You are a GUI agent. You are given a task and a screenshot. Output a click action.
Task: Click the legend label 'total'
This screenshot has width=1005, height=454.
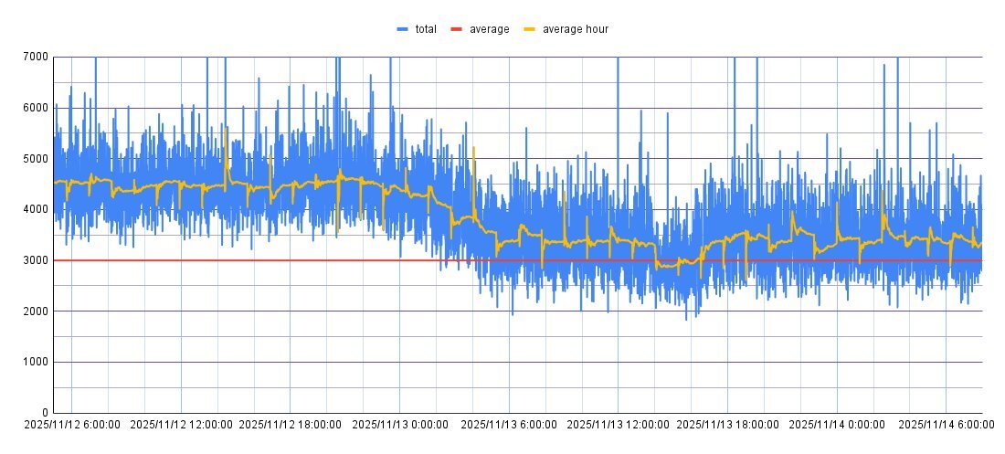click(426, 29)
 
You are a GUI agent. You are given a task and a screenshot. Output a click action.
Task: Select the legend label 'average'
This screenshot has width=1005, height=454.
click(489, 29)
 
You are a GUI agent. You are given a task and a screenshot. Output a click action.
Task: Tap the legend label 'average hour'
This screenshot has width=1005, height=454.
click(576, 29)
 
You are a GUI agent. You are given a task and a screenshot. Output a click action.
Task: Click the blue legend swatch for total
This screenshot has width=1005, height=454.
click(402, 29)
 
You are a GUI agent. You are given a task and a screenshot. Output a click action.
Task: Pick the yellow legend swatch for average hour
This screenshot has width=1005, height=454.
click(530, 29)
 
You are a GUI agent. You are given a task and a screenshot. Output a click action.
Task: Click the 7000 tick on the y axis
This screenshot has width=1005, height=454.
click(36, 57)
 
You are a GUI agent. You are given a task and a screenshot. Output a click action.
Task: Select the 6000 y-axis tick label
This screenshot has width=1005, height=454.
click(36, 108)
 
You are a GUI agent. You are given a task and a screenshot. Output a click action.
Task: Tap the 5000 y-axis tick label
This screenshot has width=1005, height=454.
click(36, 159)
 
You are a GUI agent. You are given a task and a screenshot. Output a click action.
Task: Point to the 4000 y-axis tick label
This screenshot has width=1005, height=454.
click(36, 209)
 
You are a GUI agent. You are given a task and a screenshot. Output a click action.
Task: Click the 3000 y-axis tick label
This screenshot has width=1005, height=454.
click(36, 260)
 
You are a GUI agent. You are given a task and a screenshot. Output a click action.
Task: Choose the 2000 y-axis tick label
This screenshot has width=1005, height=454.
click(36, 311)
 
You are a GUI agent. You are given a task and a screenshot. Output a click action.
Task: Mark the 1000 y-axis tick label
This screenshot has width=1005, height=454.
click(36, 363)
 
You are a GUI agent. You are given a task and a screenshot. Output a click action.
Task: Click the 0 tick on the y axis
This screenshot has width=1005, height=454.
click(45, 413)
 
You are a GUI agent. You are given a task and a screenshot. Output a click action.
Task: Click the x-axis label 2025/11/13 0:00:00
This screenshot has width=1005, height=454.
click(399, 425)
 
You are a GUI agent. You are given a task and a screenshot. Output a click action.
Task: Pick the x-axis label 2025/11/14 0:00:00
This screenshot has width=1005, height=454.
click(837, 425)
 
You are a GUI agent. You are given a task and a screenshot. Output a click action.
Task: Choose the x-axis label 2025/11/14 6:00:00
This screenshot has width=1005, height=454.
click(946, 425)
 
